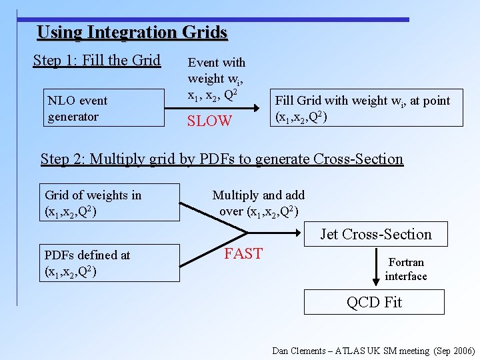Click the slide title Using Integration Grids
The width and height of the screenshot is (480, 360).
pos(132,32)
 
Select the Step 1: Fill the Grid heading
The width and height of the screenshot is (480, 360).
pos(97,61)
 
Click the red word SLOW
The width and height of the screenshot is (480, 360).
pos(209,121)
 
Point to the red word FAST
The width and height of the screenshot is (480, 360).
pos(243,254)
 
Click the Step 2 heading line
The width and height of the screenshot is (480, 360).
pos(221,159)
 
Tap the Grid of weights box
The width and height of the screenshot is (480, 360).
pos(110,202)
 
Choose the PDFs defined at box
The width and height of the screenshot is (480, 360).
pos(110,263)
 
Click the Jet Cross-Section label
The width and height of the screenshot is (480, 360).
pos(375,234)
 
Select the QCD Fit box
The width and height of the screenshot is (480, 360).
pos(374,302)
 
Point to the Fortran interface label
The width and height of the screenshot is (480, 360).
pos(406,269)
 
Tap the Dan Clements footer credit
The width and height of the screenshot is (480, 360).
pos(373,351)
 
